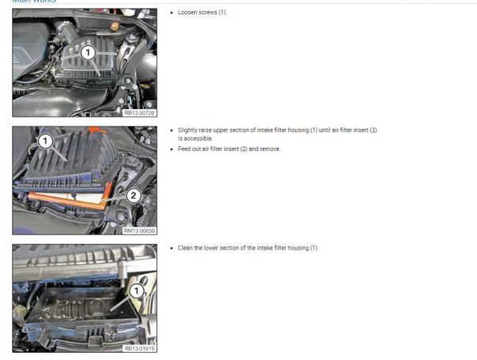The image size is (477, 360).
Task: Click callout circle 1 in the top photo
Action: tap(89, 52)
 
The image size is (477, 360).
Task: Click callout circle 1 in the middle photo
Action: tap(46, 142)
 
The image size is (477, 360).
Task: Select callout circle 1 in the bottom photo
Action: tap(136, 292)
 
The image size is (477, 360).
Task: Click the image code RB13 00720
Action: tap(140, 112)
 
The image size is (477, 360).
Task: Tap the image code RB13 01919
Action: tap(140, 347)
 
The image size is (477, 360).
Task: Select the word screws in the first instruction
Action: tap(208, 13)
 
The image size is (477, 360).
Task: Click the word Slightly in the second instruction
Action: tap(188, 129)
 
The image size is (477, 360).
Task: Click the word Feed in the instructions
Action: tap(184, 149)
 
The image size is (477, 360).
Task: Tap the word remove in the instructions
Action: tap(270, 149)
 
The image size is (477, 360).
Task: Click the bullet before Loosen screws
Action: tap(173, 13)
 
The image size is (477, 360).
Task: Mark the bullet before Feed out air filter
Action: tap(173, 149)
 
